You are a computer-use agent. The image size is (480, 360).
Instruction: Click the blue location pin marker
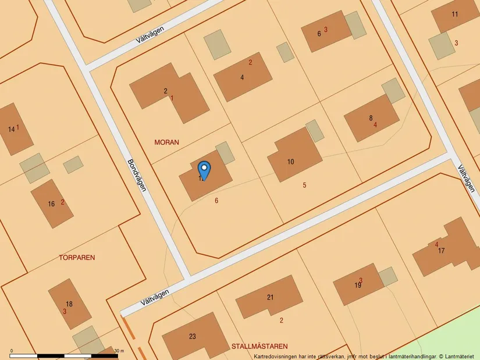pyautogui.click(x=204, y=170)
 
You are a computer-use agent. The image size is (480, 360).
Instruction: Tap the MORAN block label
pyautogui.click(x=166, y=142)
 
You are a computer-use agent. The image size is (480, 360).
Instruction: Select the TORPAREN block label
pyautogui.click(x=77, y=256)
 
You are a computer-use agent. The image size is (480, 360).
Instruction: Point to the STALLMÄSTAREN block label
pyautogui.click(x=259, y=345)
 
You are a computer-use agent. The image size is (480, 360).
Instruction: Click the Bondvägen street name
pyautogui.click(x=137, y=176)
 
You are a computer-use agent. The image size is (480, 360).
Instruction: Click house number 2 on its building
pyautogui.click(x=166, y=91)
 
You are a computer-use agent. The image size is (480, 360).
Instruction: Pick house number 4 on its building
pyautogui.click(x=242, y=77)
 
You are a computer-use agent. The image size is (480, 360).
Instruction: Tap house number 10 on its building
pyautogui.click(x=291, y=162)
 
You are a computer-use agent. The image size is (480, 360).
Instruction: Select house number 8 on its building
pyautogui.click(x=371, y=118)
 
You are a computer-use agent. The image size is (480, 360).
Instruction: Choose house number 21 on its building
pyautogui.click(x=270, y=297)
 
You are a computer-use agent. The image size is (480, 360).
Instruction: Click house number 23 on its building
pyautogui.click(x=193, y=336)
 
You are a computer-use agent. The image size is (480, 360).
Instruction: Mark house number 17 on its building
pyautogui.click(x=442, y=251)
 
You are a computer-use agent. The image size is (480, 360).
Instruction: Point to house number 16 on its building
pyautogui.click(x=51, y=204)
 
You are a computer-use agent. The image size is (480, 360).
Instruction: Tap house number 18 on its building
pyautogui.click(x=69, y=304)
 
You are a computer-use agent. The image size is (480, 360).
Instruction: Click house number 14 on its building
pyautogui.click(x=12, y=129)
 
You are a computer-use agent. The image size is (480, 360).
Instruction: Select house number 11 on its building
pyautogui.click(x=455, y=14)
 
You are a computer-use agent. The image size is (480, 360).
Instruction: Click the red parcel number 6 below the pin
pyautogui.click(x=216, y=200)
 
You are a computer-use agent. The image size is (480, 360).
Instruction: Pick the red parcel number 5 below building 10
pyautogui.click(x=304, y=185)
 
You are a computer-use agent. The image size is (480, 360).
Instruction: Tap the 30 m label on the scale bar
pyautogui.click(x=119, y=351)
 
